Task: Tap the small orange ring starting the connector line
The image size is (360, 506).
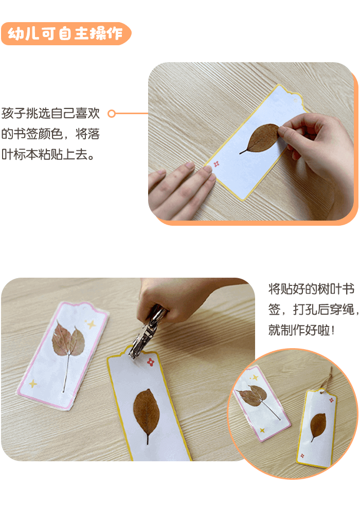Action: (x=111, y=113)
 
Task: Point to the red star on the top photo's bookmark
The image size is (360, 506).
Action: (x=217, y=164)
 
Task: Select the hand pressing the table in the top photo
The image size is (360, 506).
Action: (x=183, y=185)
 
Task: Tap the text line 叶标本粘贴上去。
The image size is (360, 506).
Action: (x=48, y=154)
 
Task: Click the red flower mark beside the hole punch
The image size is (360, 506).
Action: (x=151, y=362)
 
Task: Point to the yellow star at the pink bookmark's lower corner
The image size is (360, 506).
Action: (x=33, y=383)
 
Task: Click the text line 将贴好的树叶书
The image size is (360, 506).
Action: (x=311, y=289)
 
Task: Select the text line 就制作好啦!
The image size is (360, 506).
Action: (x=301, y=330)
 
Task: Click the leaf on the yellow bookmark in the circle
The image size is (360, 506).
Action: (x=318, y=425)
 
